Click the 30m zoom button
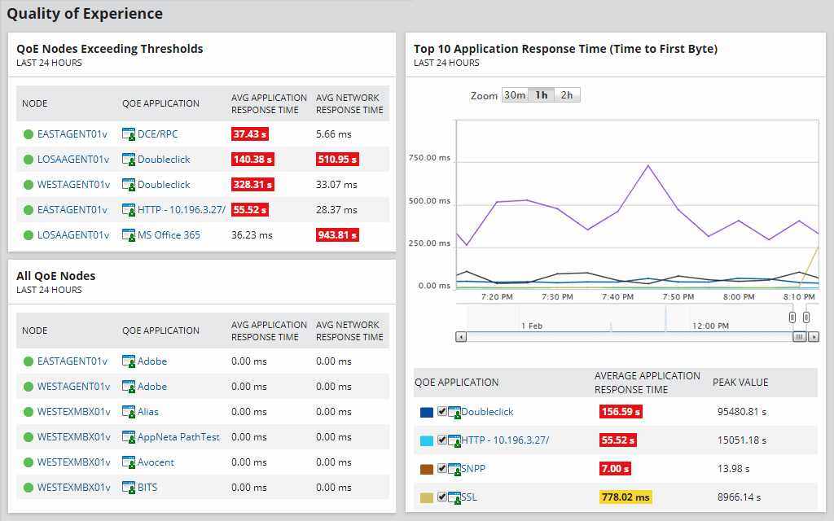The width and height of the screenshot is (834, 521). coord(514,95)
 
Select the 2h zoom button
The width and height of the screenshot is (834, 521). coord(566,95)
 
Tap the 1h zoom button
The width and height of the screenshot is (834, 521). coord(541,95)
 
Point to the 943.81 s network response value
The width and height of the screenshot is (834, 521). coord(337,235)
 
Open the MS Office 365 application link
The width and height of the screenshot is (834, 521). coord(169,235)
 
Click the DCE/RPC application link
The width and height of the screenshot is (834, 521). coord(157,134)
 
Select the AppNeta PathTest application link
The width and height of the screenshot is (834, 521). coord(178,437)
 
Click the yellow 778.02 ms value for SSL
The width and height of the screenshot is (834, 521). coord(625,497)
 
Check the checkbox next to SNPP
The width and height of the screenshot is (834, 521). coord(441,468)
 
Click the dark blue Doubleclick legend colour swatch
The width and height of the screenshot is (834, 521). coord(427,413)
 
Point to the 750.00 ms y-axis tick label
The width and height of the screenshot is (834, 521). coord(429,158)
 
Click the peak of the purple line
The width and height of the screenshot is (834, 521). coord(648,165)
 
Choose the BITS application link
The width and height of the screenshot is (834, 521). coord(147,488)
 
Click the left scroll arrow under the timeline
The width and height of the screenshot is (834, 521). coord(461,336)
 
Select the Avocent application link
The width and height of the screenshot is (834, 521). coord(156,462)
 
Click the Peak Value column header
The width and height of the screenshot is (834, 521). coord(740,382)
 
